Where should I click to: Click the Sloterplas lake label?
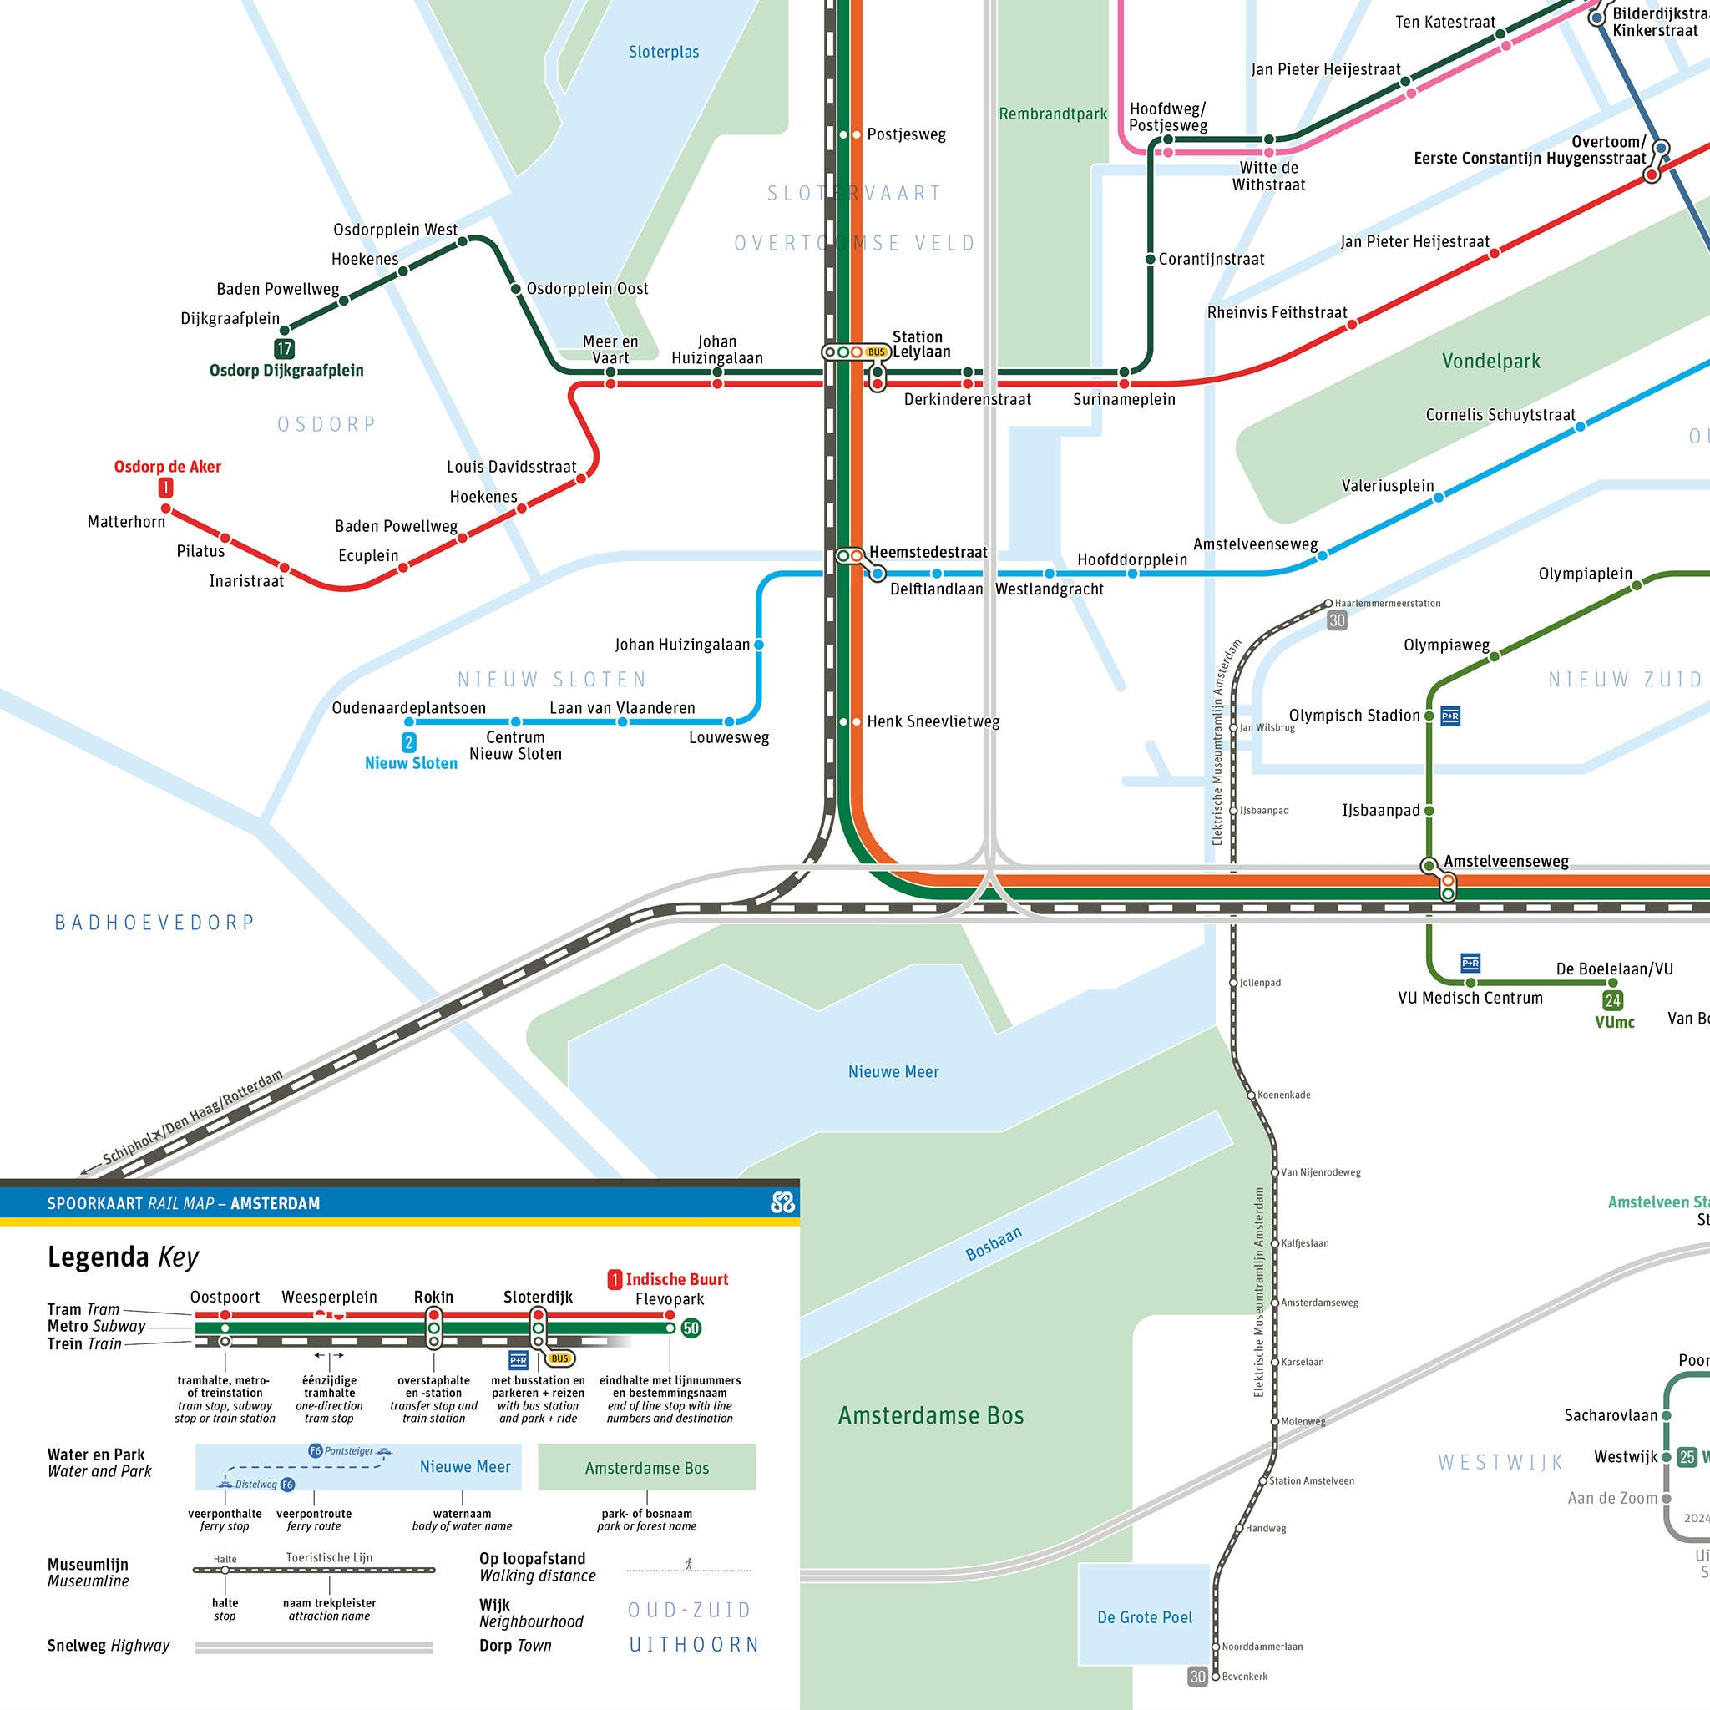[664, 53]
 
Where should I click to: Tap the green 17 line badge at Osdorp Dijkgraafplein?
[284, 349]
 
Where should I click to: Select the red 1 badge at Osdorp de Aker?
[165, 488]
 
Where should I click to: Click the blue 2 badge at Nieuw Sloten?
[409, 742]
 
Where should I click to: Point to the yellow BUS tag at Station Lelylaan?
[876, 352]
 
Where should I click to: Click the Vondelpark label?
[1490, 361]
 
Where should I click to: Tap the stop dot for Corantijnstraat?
[1150, 260]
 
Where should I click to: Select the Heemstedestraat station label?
[928, 552]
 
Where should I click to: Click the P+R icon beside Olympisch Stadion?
[1449, 716]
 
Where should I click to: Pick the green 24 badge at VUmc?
[1612, 1001]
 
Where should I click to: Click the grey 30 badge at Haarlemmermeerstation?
[1337, 620]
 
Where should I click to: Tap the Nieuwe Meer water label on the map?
[893, 1072]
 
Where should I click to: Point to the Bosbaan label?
[993, 1243]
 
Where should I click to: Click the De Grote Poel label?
[1145, 1617]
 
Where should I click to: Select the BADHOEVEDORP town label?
[155, 923]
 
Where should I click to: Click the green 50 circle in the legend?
[691, 1328]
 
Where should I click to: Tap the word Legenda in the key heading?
[99, 1257]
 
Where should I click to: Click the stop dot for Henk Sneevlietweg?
[857, 722]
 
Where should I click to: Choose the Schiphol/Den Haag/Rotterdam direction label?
[193, 1118]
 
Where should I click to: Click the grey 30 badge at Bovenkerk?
[1197, 1677]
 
